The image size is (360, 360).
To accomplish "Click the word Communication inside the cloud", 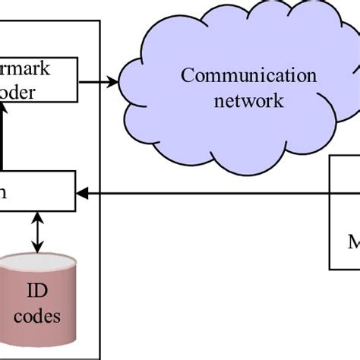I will pos(248,76).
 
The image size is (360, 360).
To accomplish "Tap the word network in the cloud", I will pos(248,99).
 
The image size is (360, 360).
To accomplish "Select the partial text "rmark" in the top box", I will pos(26,69).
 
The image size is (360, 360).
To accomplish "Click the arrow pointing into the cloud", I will pos(99,80).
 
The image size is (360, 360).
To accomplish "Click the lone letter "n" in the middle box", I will pos(4,192).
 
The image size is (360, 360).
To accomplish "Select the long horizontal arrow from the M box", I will pos(205,193).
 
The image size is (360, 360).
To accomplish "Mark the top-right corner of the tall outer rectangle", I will pos(100,21).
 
